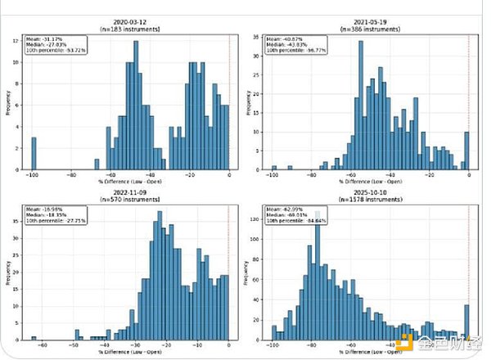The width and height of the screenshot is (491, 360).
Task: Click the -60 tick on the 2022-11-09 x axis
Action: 34,346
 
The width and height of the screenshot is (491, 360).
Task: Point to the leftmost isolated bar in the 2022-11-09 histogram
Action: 34,337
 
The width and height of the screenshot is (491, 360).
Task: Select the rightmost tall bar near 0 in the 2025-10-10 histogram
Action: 467,322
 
